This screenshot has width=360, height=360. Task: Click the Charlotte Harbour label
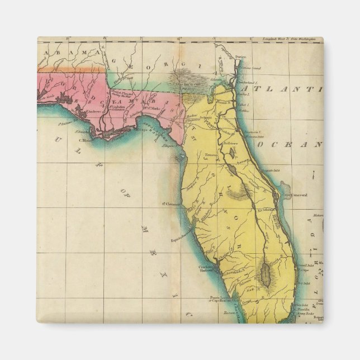click(207, 270)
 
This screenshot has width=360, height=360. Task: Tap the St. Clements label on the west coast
click(170, 204)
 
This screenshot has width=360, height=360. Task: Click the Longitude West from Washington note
click(291, 40)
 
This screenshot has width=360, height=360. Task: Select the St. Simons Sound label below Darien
click(251, 66)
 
